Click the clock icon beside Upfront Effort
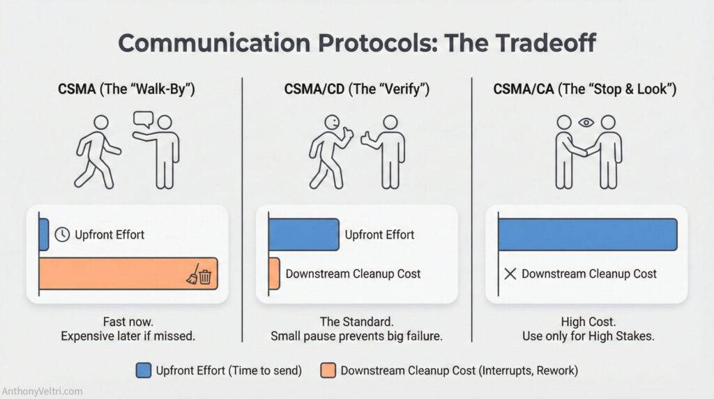coord(62,234)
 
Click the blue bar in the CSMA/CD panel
coord(303,234)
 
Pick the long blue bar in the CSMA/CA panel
coord(587,234)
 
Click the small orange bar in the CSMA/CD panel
coord(274,273)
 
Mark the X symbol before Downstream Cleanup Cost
coord(510,273)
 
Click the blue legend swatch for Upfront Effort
coord(144,370)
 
